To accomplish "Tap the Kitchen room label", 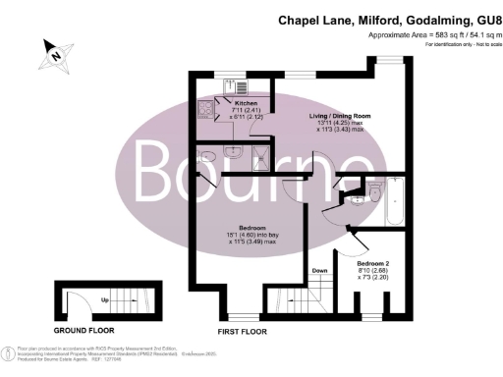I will [246, 102].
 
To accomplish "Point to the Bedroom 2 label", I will [377, 265].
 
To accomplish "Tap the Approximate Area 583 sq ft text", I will [438, 35].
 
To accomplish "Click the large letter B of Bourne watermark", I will [162, 175].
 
